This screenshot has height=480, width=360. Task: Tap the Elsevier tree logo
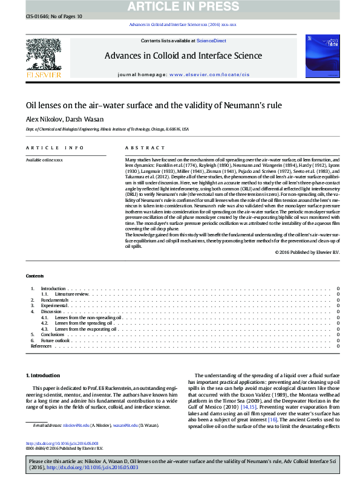coord(43,56)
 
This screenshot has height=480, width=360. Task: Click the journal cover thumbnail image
coord(318,56)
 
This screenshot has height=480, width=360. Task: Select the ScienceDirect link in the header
coord(212,41)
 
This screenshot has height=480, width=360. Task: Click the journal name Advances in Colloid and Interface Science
coord(183,56)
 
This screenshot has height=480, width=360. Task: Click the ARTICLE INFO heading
coord(55,148)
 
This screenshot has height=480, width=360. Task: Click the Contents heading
coord(34,276)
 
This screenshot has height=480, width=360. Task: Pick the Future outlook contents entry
coord(56,340)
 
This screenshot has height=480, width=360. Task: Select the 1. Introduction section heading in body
coord(44,375)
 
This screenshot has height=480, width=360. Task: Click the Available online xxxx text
coord(44,160)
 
